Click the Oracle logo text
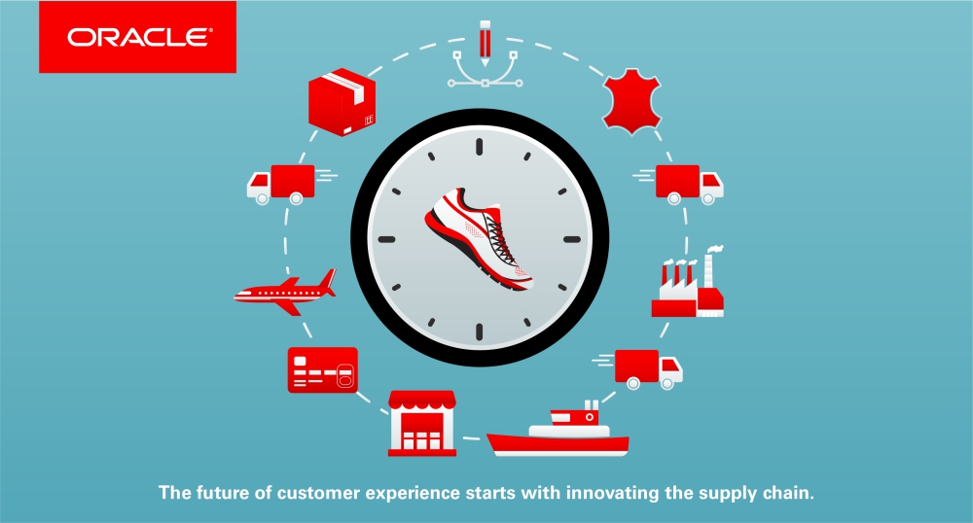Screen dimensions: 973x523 [139, 37]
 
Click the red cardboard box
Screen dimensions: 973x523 [342, 102]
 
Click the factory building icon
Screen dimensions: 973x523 [688, 282]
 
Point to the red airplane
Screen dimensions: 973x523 [285, 292]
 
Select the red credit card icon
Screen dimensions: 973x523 [323, 370]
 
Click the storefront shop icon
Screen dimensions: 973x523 [422, 423]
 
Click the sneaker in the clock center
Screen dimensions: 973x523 [479, 237]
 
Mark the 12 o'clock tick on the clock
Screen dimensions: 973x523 [479, 147]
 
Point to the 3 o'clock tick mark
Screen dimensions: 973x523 [571, 239]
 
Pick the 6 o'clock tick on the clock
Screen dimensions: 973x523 [479, 331]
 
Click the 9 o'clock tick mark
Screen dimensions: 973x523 [386, 239]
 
